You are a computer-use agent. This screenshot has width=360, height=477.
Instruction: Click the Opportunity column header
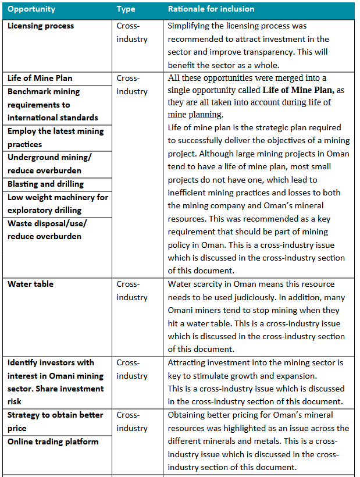[31, 9]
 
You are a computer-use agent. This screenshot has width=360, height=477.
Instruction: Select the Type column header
[126, 9]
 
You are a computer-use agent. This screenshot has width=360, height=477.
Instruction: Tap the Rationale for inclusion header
[211, 9]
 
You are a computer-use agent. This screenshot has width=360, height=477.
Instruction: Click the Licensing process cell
[41, 26]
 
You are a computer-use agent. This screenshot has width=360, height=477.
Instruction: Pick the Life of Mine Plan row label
[40, 78]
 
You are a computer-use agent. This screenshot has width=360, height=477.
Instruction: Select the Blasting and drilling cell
[45, 184]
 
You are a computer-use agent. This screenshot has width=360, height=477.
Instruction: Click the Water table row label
[30, 284]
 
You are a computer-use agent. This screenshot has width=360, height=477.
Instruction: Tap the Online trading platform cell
[53, 442]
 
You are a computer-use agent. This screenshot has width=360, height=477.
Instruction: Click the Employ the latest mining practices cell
[55, 137]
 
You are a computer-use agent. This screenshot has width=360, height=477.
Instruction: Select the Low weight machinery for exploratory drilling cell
[58, 204]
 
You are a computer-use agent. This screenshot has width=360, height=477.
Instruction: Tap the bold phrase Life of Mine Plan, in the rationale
[298, 90]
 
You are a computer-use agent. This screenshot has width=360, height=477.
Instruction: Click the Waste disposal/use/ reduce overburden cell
[47, 230]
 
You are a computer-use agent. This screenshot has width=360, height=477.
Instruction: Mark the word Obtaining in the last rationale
[187, 415]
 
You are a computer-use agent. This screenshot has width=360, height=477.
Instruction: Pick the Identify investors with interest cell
[55, 382]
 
